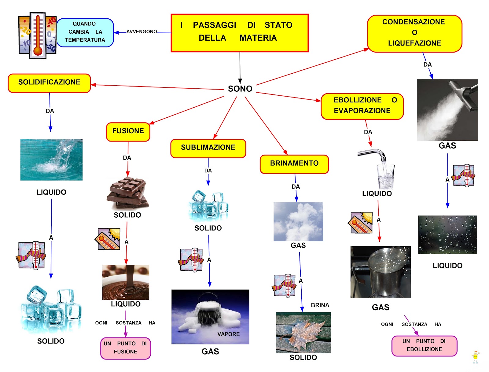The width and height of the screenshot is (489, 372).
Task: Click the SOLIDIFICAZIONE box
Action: click(49, 83)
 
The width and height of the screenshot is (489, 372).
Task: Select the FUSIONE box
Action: click(128, 132)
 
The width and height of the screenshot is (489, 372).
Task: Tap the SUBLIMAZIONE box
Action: click(208, 148)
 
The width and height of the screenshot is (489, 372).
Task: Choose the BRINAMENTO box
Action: click(294, 164)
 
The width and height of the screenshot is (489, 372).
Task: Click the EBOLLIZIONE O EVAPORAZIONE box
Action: click(362, 106)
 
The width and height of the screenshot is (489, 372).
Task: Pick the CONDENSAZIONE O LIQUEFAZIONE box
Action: click(414, 33)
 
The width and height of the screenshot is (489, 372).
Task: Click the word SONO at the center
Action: click(240, 89)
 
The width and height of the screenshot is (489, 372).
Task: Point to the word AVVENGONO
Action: click(142, 31)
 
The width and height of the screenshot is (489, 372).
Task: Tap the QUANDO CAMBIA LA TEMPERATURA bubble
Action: click(85, 32)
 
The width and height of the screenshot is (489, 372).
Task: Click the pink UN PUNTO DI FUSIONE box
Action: click(126, 348)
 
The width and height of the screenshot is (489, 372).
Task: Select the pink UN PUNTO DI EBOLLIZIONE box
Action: click(424, 346)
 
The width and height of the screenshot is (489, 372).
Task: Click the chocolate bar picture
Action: click(127, 193)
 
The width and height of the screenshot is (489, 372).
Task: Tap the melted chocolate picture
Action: click(126, 282)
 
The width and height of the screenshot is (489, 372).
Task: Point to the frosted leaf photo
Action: click(303, 332)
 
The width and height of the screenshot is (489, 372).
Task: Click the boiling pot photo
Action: click(381, 272)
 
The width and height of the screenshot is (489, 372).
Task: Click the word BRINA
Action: click(320, 305)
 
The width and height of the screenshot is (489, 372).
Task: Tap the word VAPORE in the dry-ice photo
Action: click(228, 334)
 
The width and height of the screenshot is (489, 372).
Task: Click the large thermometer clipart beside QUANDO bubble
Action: click(38, 35)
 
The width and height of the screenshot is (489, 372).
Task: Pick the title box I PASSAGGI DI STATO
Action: click(240, 33)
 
